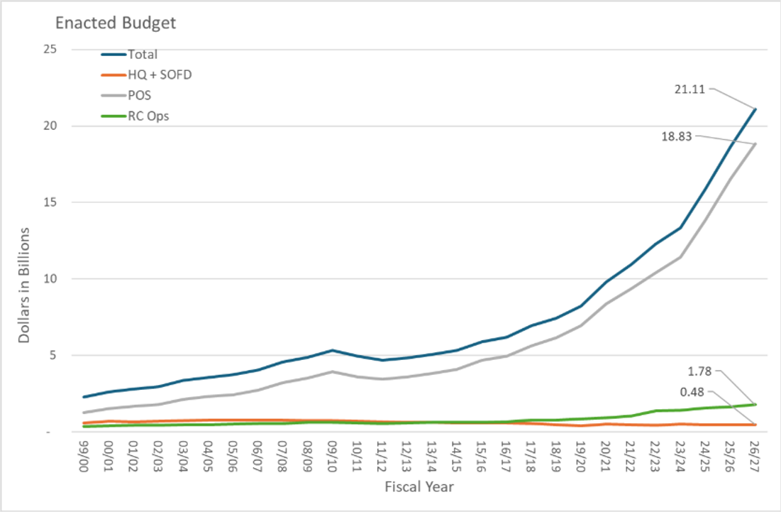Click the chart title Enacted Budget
tap(116, 23)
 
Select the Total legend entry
tap(142, 54)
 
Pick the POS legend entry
tap(140, 95)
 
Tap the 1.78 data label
tap(702, 370)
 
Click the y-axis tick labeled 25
tap(50, 50)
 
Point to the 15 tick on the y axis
tap(50, 202)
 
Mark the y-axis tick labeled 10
tap(50, 279)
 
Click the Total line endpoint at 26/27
tap(755, 109)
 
